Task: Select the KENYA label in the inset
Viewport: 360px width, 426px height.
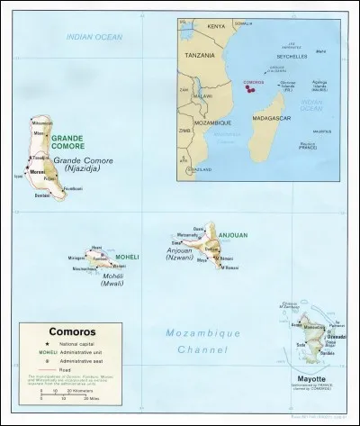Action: pyautogui.click(x=216, y=26)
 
